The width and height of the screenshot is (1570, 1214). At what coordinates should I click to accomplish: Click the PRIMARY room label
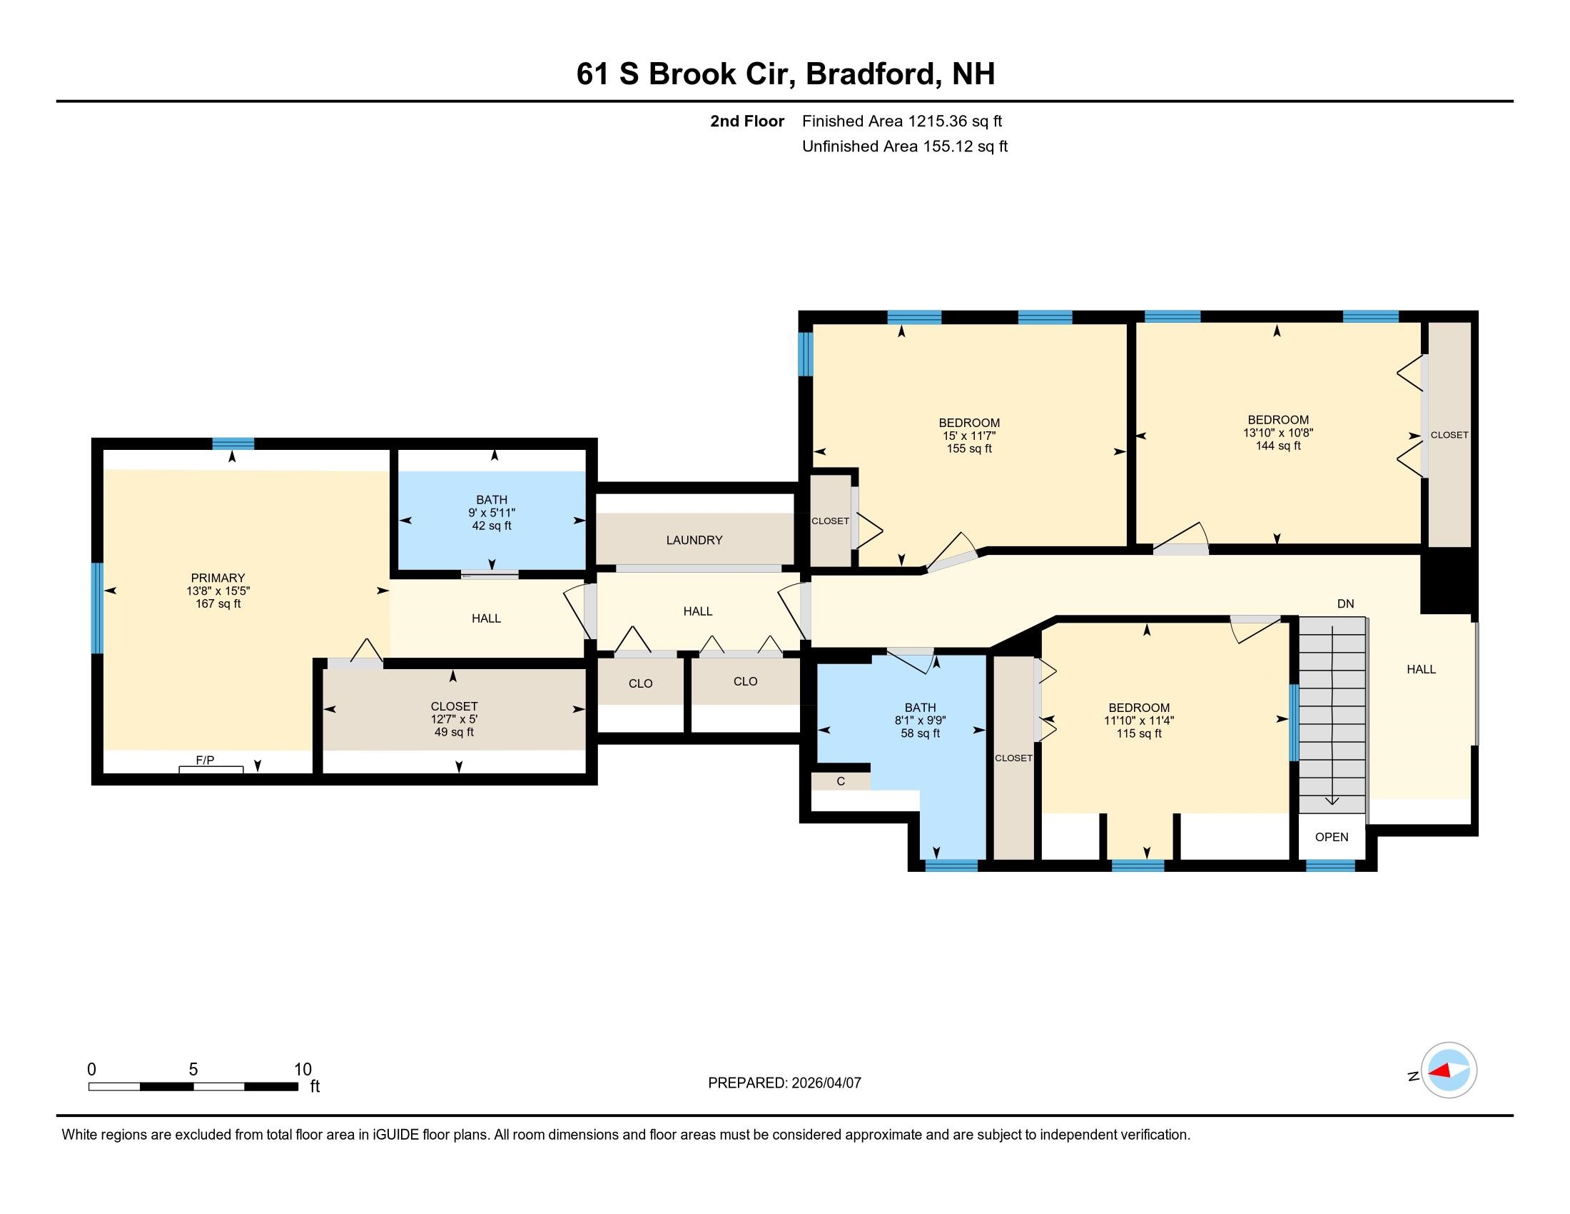coord(218,578)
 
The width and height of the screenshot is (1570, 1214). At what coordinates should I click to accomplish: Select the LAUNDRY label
coord(694,540)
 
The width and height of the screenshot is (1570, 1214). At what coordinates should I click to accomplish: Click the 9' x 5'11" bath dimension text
coord(492,513)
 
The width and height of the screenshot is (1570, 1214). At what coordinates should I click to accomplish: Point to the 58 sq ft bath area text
coord(920,733)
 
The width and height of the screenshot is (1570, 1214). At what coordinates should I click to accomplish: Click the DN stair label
coord(1345,604)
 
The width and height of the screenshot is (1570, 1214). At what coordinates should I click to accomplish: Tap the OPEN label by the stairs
coord(1332,837)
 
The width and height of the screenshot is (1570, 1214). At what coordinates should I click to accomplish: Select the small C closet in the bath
coord(841,782)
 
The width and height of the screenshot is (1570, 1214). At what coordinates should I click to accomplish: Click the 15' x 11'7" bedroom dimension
coord(969,436)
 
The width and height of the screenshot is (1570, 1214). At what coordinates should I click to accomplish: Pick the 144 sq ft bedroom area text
coord(1277,446)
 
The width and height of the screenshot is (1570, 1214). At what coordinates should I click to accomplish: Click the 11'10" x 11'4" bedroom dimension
coord(1139,721)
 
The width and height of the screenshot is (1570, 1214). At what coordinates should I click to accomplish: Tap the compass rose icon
coord(1449,1070)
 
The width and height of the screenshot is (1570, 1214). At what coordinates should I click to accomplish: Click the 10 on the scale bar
coord(303,1070)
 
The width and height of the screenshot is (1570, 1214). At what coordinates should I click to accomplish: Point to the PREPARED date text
coord(784,1083)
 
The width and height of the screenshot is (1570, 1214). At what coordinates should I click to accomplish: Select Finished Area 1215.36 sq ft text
coord(901,121)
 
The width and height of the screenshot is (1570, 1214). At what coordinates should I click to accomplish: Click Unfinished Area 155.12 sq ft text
coord(904,146)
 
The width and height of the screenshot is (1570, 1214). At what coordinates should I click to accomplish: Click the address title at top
coord(785,74)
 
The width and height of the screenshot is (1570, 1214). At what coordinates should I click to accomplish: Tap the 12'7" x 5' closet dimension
coord(454,719)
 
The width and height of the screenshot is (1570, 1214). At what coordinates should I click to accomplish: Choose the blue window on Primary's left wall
coord(97,608)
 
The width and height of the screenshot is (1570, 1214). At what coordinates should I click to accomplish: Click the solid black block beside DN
coord(1448,581)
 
